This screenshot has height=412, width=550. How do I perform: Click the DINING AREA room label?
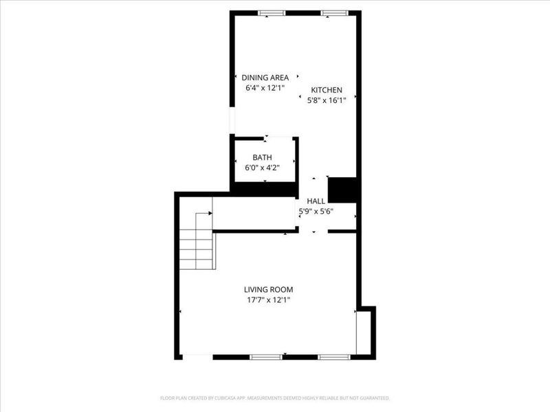click(x=265, y=78)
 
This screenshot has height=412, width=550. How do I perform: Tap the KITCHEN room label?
click(x=327, y=90)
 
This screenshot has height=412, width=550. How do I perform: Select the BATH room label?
click(x=262, y=157)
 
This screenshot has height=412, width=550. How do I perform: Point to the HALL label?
click(x=316, y=201)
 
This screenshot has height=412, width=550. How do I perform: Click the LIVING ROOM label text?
click(x=268, y=290)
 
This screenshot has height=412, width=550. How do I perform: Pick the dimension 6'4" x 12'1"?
click(x=265, y=88)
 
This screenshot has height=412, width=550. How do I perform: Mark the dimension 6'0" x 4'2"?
click(x=262, y=167)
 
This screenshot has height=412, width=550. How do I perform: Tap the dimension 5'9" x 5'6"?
click(x=316, y=211)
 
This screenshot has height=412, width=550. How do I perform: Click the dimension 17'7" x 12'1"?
click(x=268, y=299)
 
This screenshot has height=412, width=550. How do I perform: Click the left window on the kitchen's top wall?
click(x=272, y=12)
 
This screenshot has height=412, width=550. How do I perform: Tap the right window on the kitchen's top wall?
click(x=333, y=12)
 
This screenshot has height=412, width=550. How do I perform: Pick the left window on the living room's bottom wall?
click(x=265, y=357)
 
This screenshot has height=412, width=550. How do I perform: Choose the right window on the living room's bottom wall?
click(x=334, y=357)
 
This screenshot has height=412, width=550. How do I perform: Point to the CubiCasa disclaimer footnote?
click(x=275, y=398)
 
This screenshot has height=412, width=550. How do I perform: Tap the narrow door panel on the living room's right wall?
click(x=357, y=332)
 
